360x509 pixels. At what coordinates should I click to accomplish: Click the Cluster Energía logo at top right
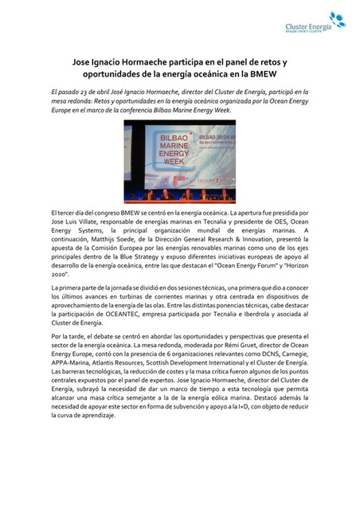point(315,25)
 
